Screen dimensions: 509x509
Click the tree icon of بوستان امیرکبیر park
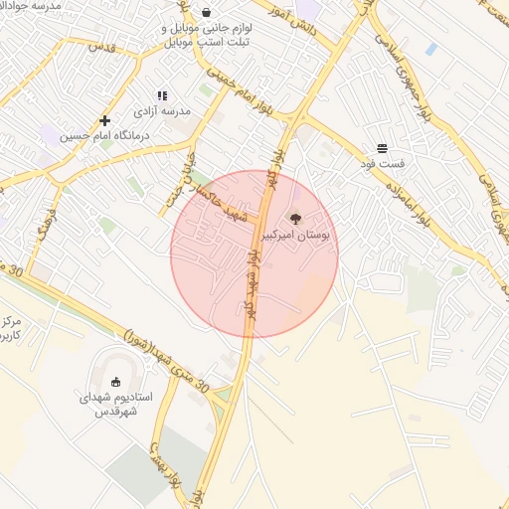coord(294,219)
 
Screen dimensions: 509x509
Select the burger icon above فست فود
coord(383,148)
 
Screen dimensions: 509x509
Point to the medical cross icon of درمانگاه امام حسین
coord(104,120)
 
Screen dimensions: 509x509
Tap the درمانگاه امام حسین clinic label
coord(103,136)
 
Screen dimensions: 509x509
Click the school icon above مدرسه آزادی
coord(162,95)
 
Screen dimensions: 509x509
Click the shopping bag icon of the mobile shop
coord(206,12)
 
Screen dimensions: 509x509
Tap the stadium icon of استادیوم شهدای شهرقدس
coord(115,381)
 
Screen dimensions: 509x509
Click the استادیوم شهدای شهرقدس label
coord(115,403)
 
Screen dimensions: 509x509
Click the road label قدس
coord(102,46)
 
